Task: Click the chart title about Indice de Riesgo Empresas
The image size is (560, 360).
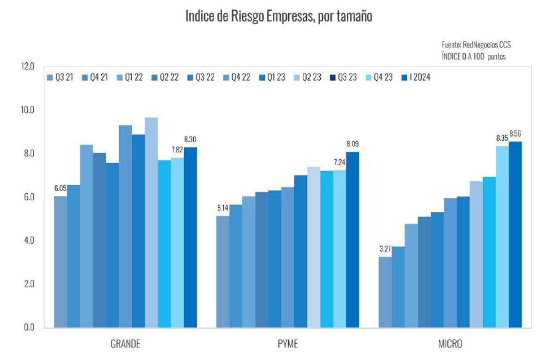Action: pos(279,16)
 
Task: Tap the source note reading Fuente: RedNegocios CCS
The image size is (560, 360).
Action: pos(476,45)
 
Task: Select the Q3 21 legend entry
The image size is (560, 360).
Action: pos(60,77)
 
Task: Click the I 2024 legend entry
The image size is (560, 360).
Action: pos(416,77)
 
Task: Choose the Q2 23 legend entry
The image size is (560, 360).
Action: pos(307,77)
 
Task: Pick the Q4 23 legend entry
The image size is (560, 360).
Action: pos(379,77)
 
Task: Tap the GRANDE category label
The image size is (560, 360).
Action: pos(125,344)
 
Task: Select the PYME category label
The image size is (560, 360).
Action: pos(287,344)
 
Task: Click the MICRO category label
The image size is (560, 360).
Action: pos(450,344)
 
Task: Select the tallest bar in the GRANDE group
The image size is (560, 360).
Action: pos(151,222)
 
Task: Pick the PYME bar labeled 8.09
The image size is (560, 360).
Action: pos(352,240)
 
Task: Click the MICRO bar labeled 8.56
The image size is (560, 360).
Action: pos(515,234)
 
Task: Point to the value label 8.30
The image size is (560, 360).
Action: pos(191,139)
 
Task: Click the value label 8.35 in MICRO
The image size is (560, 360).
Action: pos(502,138)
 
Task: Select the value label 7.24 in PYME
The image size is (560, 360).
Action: pos(339,162)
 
